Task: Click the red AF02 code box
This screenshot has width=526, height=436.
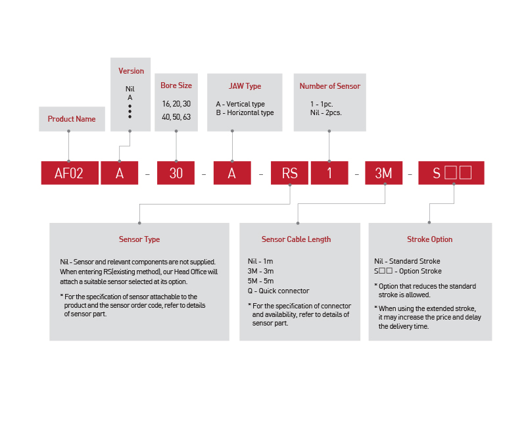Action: point(69,173)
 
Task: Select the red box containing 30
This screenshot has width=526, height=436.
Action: point(176,173)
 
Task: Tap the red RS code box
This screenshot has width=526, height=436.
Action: point(289,173)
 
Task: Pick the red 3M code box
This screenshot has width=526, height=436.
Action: point(383,173)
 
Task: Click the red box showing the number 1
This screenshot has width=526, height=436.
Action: point(329,173)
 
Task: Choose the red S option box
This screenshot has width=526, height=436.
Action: point(451,173)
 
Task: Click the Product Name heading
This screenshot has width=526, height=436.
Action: point(72,119)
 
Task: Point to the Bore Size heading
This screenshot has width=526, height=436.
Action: point(176,85)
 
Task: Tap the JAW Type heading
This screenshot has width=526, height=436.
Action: point(245,86)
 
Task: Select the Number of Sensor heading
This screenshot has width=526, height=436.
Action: point(329,86)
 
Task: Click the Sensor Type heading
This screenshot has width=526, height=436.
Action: point(139,239)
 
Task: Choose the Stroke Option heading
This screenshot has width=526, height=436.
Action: point(429,239)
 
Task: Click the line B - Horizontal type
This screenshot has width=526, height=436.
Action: point(245,112)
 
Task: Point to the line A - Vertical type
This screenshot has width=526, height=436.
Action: point(240,104)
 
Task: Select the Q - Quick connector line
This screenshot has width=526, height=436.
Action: point(278,291)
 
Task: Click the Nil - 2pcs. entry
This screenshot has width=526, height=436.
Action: point(326,112)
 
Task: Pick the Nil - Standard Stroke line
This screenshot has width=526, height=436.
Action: point(407,261)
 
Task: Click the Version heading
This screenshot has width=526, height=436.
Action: point(131,71)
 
